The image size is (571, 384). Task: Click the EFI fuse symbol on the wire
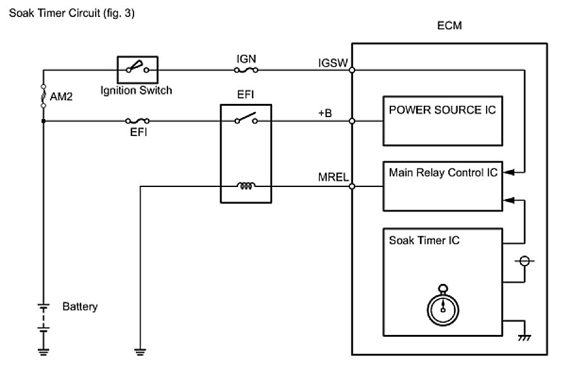tap(138, 120)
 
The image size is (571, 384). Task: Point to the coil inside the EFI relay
tap(245, 186)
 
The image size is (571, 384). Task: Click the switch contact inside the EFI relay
tap(245, 118)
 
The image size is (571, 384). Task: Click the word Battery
tap(80, 308)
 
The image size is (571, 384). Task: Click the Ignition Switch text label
tap(137, 90)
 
